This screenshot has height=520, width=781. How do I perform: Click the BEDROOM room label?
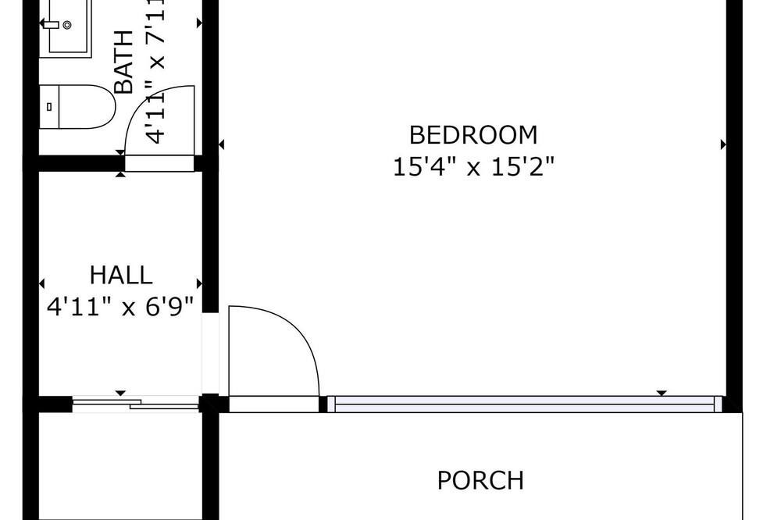(x=473, y=135)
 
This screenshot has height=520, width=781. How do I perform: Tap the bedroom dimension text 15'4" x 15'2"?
(x=473, y=167)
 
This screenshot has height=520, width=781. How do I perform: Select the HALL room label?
(x=120, y=275)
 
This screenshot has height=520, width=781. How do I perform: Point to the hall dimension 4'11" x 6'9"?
(x=120, y=306)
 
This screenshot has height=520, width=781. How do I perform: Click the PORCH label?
(x=480, y=481)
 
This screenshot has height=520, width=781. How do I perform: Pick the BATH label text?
(x=124, y=62)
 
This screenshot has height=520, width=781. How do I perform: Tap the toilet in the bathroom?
(x=77, y=107)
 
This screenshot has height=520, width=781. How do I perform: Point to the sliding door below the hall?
(x=135, y=403)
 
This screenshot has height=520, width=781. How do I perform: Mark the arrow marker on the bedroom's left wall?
(x=222, y=144)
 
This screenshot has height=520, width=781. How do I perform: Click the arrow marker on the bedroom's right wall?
(x=723, y=144)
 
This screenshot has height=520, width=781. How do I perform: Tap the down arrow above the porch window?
(x=662, y=393)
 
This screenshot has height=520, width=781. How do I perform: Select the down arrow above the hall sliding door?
(x=120, y=393)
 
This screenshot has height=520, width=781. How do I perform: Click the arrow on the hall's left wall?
(x=41, y=283)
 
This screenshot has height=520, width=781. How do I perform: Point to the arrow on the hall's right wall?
(x=200, y=283)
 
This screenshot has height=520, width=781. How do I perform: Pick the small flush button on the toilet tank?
(x=48, y=107)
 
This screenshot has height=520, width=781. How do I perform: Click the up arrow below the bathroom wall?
(x=120, y=174)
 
